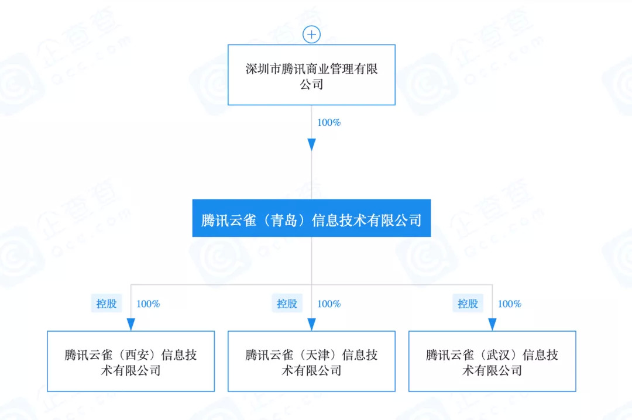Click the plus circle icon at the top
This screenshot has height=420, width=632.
coord(311,35)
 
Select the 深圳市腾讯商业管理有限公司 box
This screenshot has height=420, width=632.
coord(311,75)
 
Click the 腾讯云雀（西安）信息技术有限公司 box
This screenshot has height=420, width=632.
coord(130,361)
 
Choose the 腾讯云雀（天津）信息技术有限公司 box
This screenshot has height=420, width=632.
coord(311,361)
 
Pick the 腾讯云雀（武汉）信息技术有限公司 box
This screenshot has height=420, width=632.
coord(492,361)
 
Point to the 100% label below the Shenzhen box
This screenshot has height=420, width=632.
coord(329,123)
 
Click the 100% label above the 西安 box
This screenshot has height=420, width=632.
coord(148,304)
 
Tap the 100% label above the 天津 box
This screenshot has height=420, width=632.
coord(329,304)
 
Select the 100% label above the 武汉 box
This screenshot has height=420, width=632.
coord(510,304)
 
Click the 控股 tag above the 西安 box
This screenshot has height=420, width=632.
coord(107,304)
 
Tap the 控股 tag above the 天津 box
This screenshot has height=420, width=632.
coord(287,304)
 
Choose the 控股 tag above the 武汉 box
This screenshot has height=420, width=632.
coord(468,304)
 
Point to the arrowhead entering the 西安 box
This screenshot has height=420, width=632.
coord(130,324)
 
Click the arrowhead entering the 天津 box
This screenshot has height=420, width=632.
coord(311,324)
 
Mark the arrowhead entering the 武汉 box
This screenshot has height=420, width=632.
coord(492,324)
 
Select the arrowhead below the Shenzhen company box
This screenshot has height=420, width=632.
coord(311,144)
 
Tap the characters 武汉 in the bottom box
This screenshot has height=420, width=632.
coord(499,355)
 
